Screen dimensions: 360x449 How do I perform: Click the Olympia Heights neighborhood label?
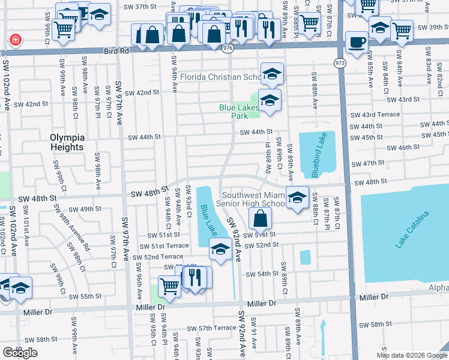pyautogui.click(x=67, y=142)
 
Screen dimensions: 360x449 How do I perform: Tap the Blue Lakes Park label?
pyautogui.click(x=238, y=112)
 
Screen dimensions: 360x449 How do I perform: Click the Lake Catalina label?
pyautogui.click(x=412, y=230)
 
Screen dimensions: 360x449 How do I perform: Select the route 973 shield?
pyautogui.click(x=340, y=62)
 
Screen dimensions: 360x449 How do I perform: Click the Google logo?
pyautogui.click(x=20, y=352)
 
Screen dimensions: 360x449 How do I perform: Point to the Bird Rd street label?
pyautogui.click(x=116, y=52)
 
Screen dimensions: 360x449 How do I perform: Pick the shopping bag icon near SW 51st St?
pyautogui.click(x=260, y=219)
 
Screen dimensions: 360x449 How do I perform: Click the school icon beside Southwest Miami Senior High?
pyautogui.click(x=297, y=197)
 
